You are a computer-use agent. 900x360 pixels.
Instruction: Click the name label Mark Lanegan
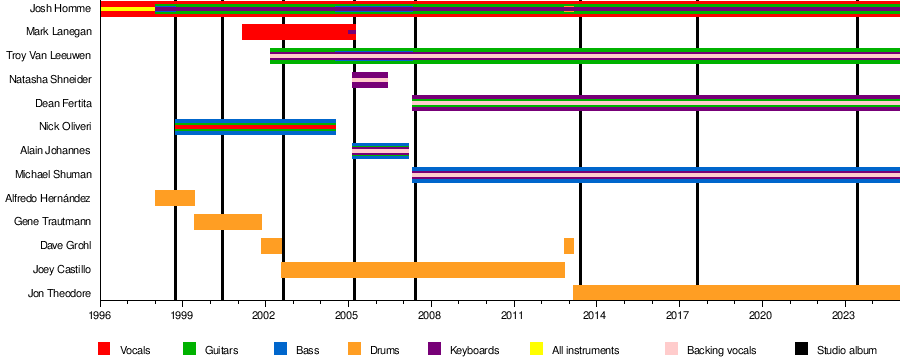point(59,32)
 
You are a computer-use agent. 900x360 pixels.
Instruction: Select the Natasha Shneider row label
point(51,79)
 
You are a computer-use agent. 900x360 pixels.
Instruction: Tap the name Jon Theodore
point(60,293)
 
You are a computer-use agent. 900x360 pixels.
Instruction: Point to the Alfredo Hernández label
point(48,198)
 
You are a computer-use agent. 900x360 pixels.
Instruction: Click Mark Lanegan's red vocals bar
point(298,32)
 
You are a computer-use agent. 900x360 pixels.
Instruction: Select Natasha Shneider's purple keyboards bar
point(370,80)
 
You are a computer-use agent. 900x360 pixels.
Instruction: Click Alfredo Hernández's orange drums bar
point(174,198)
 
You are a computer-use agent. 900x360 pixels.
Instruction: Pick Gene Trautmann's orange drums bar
point(228,222)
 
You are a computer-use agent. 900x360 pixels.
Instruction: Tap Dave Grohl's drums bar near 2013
point(569,246)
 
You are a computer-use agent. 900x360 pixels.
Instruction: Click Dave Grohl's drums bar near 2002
point(271,246)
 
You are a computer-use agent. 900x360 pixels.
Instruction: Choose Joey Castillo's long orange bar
point(423,270)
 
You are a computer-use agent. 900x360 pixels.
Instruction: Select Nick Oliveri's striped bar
point(255,127)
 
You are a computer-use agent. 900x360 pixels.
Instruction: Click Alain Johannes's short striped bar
point(380,151)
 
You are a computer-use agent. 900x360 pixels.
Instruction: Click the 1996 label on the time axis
point(101,315)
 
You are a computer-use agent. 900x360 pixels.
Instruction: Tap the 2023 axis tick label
point(844,315)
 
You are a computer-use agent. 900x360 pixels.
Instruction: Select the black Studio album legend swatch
point(801,349)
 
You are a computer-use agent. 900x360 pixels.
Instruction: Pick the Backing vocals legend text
point(721,350)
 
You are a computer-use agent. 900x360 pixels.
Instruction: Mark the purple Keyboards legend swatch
point(435,349)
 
